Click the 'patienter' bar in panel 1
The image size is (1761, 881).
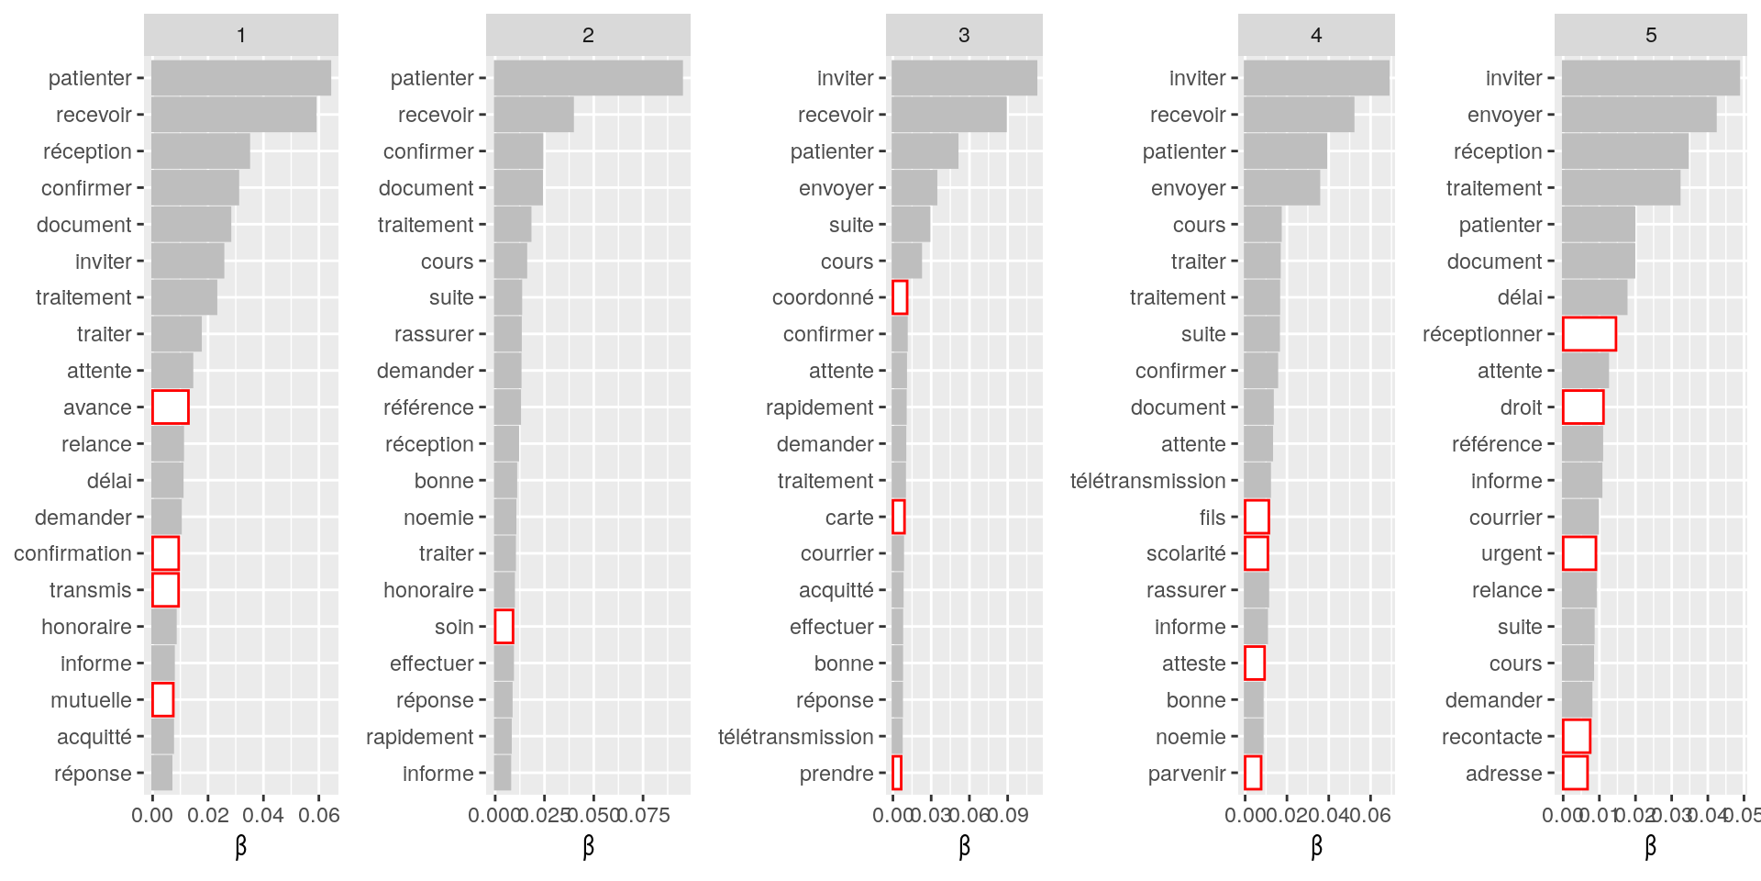[240, 78]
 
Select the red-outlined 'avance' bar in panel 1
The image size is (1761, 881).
[170, 407]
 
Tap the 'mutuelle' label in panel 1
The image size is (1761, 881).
[91, 700]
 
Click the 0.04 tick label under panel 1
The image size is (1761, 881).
[263, 815]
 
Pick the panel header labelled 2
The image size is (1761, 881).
[588, 35]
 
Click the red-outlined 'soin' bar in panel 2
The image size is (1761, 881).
[504, 627]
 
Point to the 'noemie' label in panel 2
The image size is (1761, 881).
[438, 518]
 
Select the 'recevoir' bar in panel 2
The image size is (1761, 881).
[534, 115]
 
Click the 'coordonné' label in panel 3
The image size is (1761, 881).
[823, 297]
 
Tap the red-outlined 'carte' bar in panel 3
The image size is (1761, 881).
[899, 517]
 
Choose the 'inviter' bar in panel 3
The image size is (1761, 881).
[964, 78]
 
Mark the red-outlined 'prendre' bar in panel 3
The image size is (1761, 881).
[897, 773]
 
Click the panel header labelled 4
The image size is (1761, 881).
[1316, 35]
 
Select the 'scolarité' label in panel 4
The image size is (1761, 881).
[1186, 553]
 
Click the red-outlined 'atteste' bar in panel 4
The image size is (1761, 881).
[1255, 663]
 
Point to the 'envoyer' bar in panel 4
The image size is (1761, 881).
[1281, 188]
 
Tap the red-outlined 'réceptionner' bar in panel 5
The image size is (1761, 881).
[1589, 334]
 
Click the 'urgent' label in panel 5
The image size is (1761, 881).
[1512, 553]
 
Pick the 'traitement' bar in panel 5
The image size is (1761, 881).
[1621, 188]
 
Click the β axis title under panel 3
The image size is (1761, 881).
[964, 846]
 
